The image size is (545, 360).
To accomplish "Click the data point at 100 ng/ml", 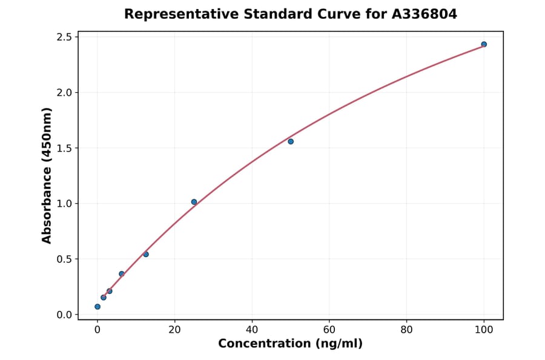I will click(x=484, y=44).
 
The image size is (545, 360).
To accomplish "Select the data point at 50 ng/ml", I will click(x=291, y=141).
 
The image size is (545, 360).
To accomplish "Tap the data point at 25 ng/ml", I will click(x=194, y=202).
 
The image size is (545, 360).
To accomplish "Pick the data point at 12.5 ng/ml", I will click(x=146, y=254).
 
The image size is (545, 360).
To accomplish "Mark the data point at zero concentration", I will click(x=97, y=307).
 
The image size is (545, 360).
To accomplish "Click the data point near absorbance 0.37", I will click(x=122, y=274).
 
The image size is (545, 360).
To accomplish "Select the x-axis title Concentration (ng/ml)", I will click(x=291, y=344).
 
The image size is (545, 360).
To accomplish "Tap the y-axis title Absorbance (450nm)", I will click(x=47, y=176).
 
